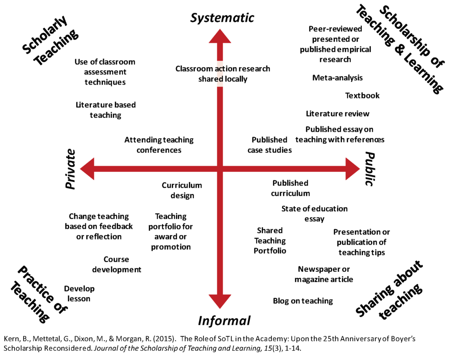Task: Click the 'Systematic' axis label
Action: pyautogui.click(x=222, y=18)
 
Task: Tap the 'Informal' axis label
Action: pyautogui.click(x=224, y=321)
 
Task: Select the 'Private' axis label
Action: pyautogui.click(x=71, y=169)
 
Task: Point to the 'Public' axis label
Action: pyautogui.click(x=370, y=169)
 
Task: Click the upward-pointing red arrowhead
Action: pyautogui.click(x=220, y=37)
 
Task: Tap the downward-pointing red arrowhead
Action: pyautogui.click(x=220, y=301)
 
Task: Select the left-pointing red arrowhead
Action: pyautogui.click(x=88, y=169)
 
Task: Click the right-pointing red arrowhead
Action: pyautogui.click(x=352, y=169)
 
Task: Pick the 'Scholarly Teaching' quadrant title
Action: pyautogui.click(x=50, y=40)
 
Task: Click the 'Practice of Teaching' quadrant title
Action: pyautogui.click(x=39, y=294)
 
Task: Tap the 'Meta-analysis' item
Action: pyautogui.click(x=337, y=78)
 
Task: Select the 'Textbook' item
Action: pyautogui.click(x=362, y=96)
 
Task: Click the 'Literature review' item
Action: pyautogui.click(x=338, y=114)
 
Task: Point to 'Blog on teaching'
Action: pyautogui.click(x=303, y=301)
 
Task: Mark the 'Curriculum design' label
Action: pyautogui.click(x=182, y=190)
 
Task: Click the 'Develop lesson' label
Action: pyautogui.click(x=79, y=293)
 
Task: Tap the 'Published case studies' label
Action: pyautogui.click(x=270, y=145)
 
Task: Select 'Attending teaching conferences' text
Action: pyautogui.click(x=159, y=145)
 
